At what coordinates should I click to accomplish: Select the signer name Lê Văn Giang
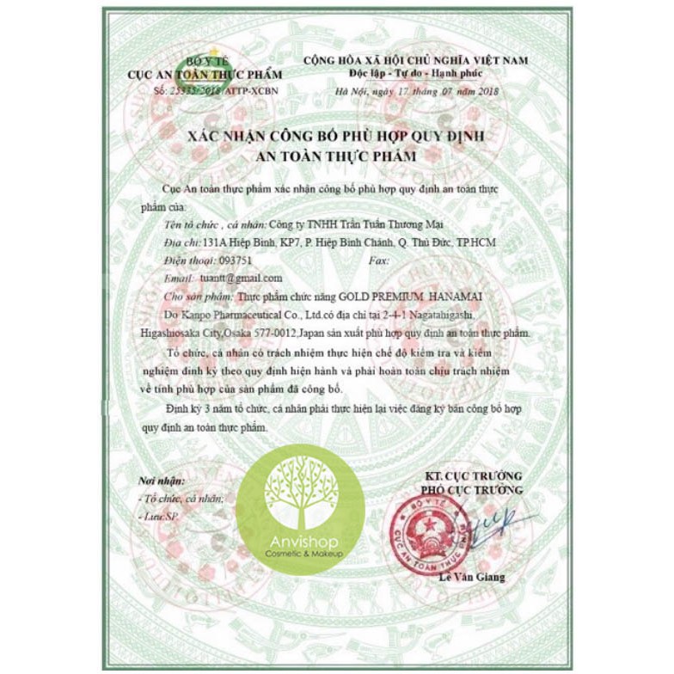click(x=469, y=577)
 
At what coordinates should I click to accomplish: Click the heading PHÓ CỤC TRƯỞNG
click(x=471, y=490)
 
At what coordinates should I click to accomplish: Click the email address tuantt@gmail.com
click(x=242, y=279)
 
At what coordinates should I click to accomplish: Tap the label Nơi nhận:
click(x=162, y=481)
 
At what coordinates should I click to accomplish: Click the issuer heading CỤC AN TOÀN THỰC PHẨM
click(x=205, y=75)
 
